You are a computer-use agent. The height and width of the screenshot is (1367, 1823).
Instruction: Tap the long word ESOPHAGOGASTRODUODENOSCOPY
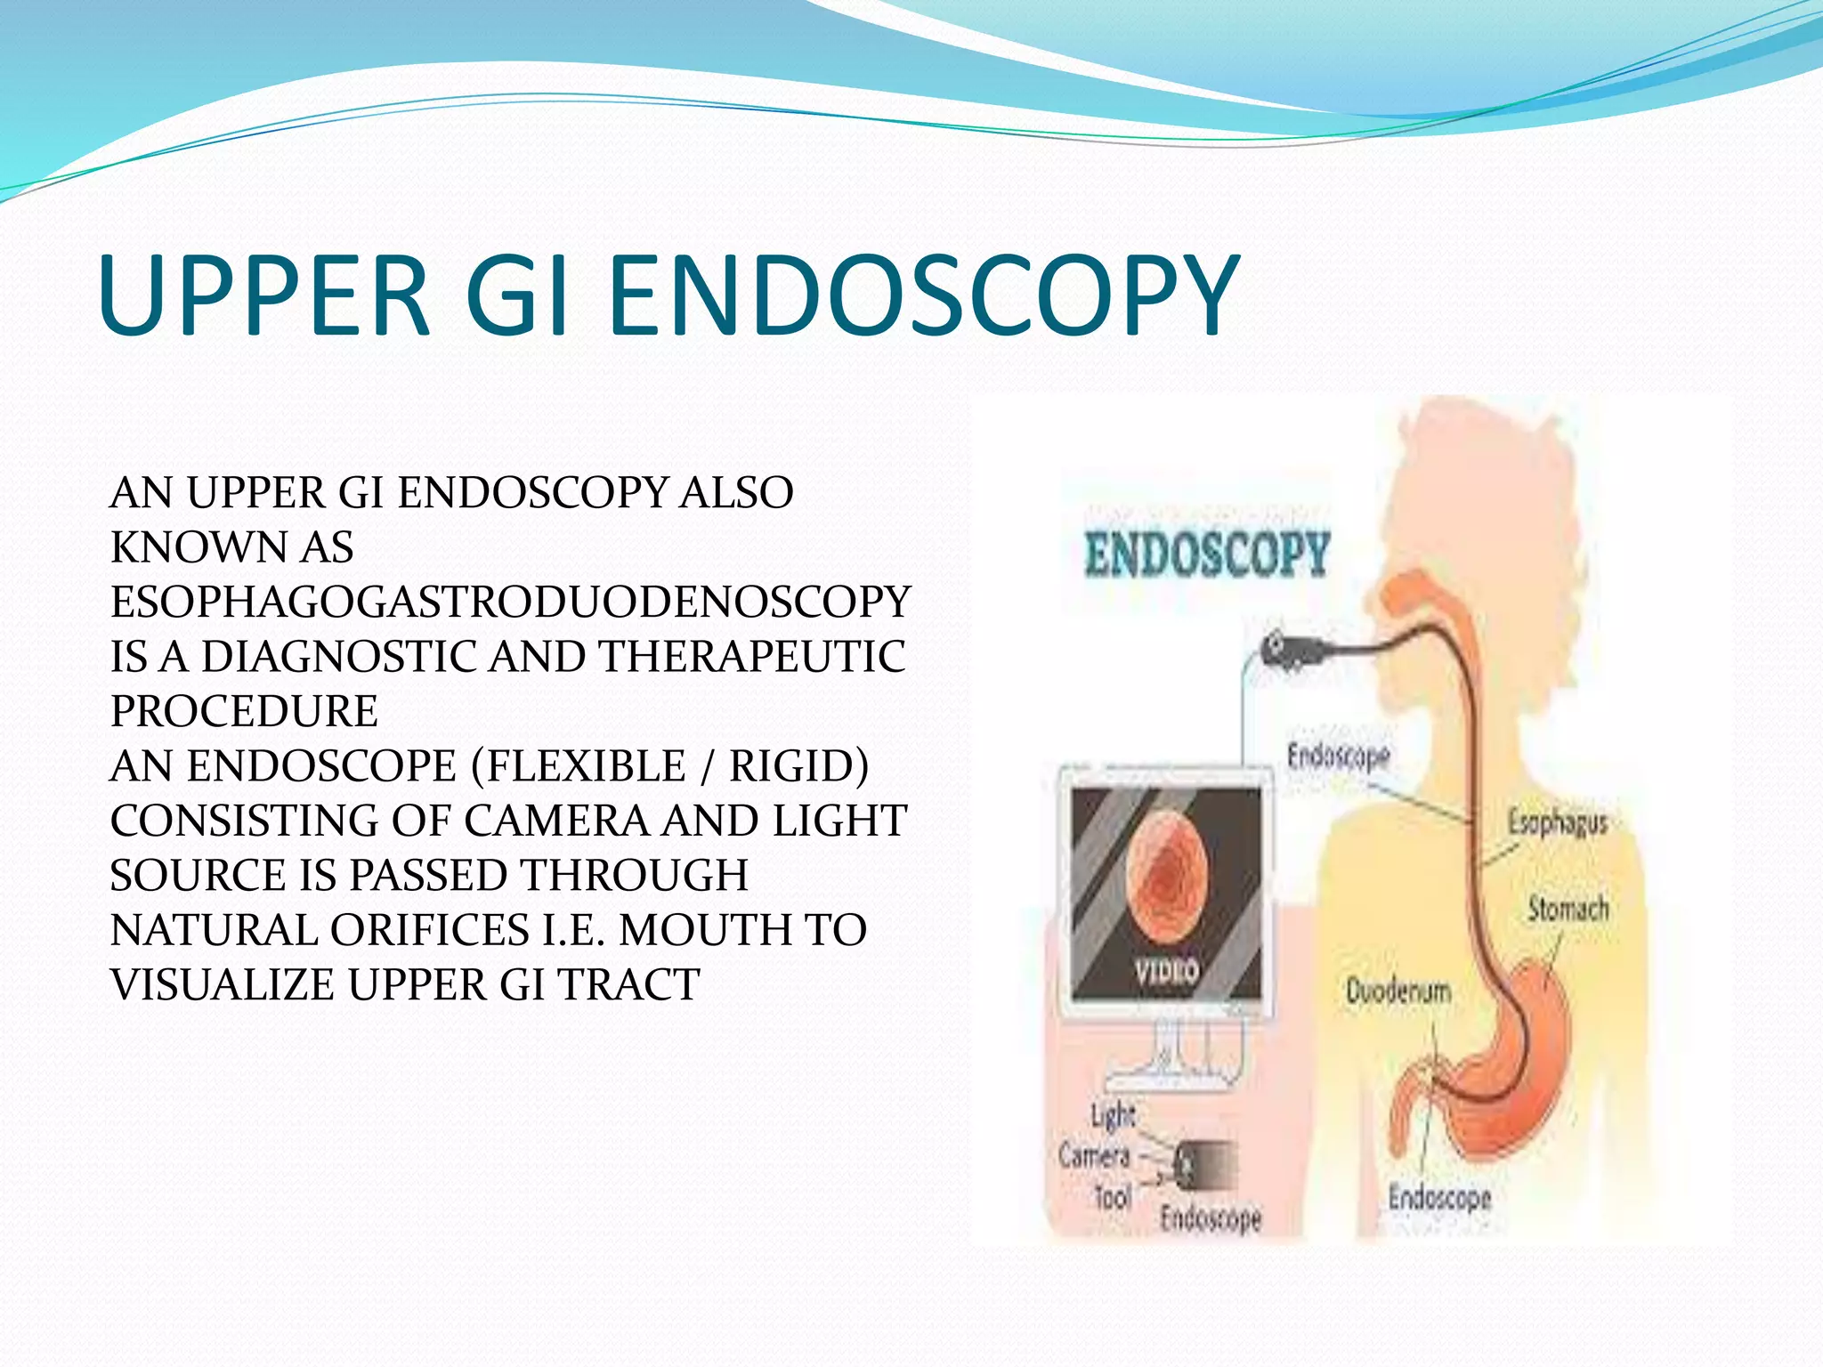pyautogui.click(x=510, y=603)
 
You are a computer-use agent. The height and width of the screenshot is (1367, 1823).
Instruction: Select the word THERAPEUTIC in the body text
pyautogui.click(x=752, y=657)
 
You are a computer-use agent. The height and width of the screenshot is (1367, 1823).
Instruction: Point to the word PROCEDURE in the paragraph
pyautogui.click(x=244, y=711)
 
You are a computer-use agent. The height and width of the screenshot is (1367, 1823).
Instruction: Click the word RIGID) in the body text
pyautogui.click(x=798, y=766)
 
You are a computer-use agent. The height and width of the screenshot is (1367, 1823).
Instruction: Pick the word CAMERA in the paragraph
pyautogui.click(x=556, y=821)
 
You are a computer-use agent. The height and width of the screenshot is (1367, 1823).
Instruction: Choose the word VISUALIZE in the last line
pyautogui.click(x=223, y=985)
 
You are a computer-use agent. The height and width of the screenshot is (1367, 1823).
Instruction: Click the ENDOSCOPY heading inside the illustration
pyautogui.click(x=1207, y=554)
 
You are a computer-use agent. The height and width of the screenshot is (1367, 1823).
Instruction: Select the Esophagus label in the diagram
pyautogui.click(x=1558, y=822)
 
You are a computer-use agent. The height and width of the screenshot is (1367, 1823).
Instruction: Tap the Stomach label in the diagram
pyautogui.click(x=1568, y=909)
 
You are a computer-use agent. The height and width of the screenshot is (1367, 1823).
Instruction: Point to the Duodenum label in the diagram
pyautogui.click(x=1398, y=991)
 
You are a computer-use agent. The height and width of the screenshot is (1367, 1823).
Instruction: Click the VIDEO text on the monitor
pyautogui.click(x=1166, y=970)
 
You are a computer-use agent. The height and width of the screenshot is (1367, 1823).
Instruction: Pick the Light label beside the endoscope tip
pyautogui.click(x=1113, y=1114)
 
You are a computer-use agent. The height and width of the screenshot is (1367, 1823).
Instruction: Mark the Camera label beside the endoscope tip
pyautogui.click(x=1094, y=1155)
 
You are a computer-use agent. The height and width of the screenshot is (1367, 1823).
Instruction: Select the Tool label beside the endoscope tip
pyautogui.click(x=1113, y=1197)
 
